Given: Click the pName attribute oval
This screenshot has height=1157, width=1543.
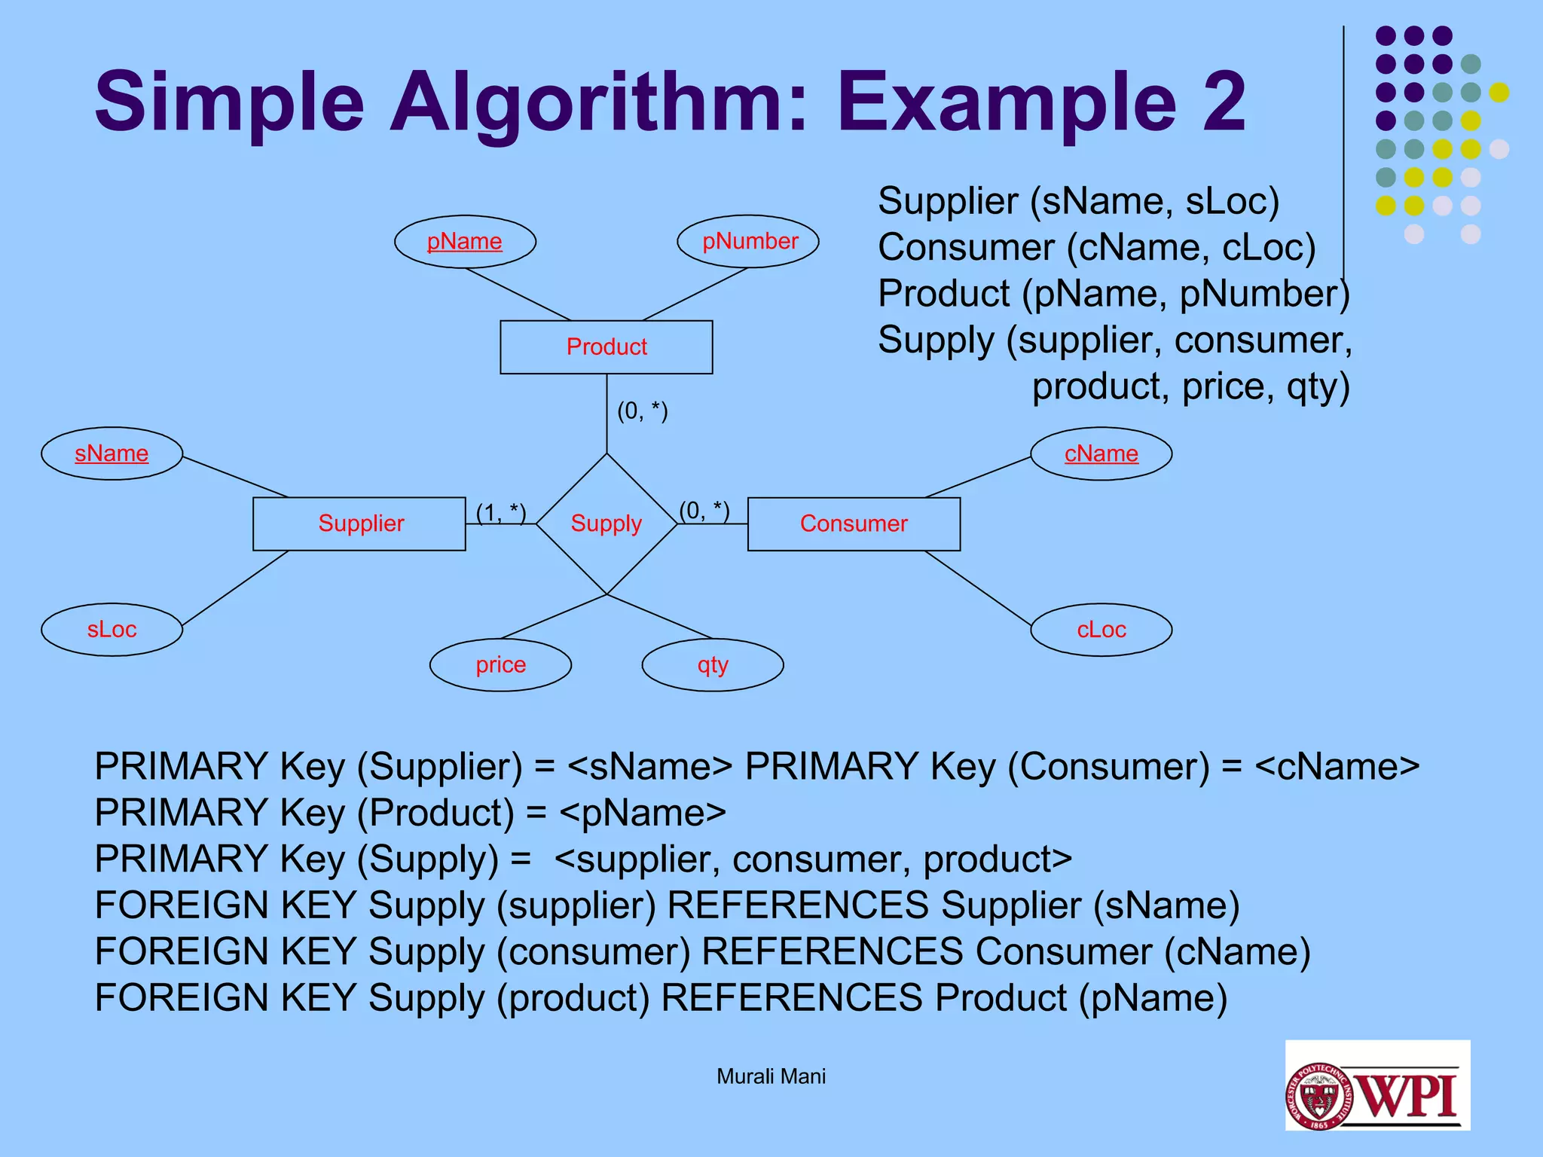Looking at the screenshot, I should pos(465,242).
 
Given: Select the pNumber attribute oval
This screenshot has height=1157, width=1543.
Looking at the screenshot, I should pos(748,242).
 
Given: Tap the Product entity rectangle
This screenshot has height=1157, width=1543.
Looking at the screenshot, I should pos(607,347).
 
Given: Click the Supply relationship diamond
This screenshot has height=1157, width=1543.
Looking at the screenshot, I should pos(607,524).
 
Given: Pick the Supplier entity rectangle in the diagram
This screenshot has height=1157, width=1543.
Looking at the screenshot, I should pos(359,524).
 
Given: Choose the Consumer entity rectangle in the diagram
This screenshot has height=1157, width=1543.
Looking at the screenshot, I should pos(854,524).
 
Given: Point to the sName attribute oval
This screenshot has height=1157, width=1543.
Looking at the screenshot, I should pos(112,453).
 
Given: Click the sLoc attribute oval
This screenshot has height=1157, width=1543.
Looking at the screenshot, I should pos(112,630).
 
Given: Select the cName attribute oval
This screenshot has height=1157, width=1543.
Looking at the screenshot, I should pos(1101,453).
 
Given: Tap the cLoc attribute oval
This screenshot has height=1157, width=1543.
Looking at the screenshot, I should pos(1101,630).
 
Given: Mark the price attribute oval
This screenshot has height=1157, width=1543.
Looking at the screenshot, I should pos(500,665).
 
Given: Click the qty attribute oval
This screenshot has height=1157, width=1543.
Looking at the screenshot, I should pos(713,665).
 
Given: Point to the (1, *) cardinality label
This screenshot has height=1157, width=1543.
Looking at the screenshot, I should pos(501,513).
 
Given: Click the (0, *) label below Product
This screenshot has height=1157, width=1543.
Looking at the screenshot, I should pos(643,411).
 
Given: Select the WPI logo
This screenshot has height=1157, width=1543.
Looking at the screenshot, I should pos(1377,1085).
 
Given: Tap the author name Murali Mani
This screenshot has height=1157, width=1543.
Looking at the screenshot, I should pos(771,1076).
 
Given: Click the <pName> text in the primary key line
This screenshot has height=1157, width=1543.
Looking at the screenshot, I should pos(643,813).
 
